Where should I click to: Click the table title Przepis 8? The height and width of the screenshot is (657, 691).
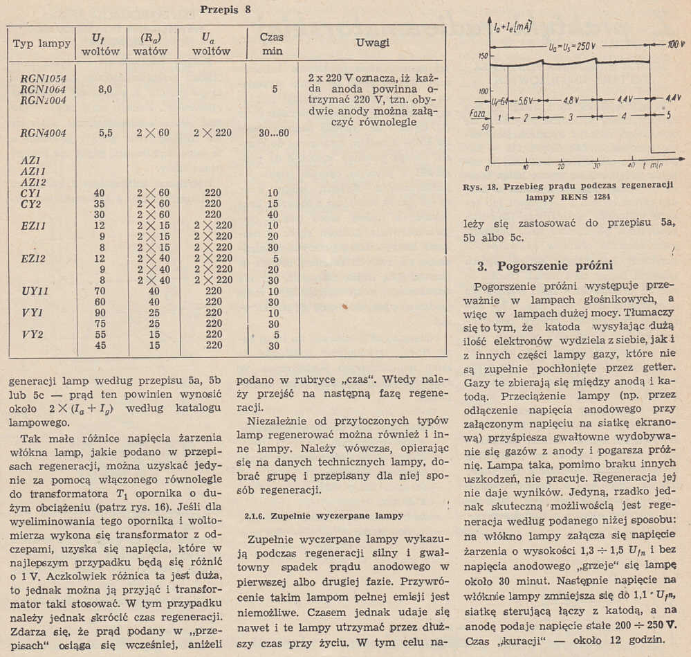[x=225, y=10]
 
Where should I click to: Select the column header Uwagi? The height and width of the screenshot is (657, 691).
[x=372, y=43]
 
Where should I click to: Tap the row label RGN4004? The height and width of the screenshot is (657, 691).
[x=44, y=134]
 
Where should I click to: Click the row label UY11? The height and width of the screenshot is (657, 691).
[x=35, y=292]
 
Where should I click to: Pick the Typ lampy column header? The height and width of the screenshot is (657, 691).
[x=42, y=44]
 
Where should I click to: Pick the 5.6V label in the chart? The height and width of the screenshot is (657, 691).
[x=528, y=99]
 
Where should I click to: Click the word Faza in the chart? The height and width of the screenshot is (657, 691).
[x=476, y=112]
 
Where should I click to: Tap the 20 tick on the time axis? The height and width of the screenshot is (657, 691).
[x=562, y=167]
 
